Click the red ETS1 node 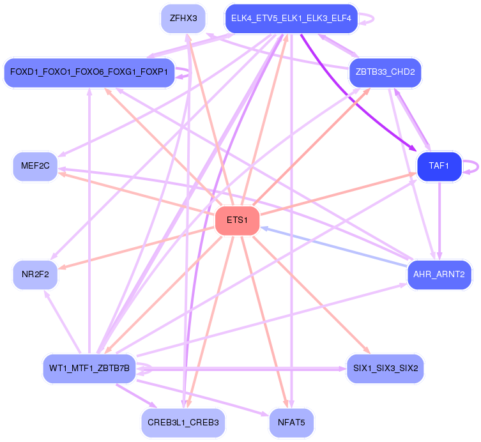(237, 220)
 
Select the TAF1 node (439, 166)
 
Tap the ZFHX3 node (183, 18)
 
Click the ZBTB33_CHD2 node (385, 72)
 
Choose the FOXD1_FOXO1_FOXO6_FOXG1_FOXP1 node (89, 72)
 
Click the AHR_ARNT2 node (439, 275)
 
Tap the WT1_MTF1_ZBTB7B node (89, 369)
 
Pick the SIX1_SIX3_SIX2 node (385, 369)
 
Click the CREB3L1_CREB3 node (183, 423)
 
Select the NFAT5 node (291, 423)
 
